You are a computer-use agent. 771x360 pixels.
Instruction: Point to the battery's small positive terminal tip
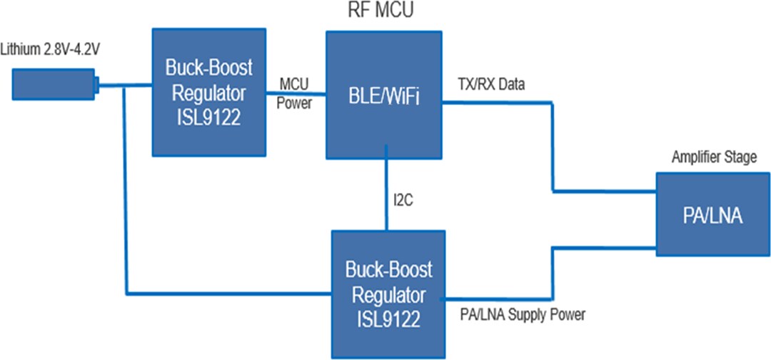point(96,85)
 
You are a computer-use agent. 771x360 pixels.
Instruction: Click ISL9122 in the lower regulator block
point(385,315)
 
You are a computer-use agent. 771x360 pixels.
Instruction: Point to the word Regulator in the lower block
point(385,294)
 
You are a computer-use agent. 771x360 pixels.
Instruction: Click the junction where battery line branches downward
point(125,87)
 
